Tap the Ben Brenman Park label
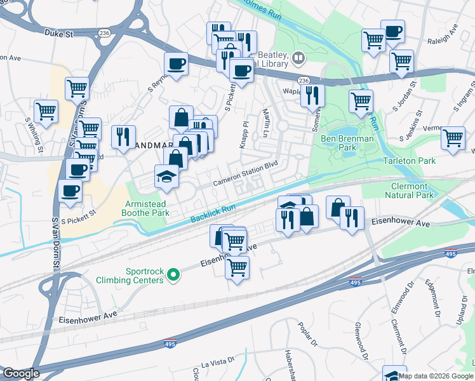click(x=347, y=142)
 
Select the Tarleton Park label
click(x=410, y=161)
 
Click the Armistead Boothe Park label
click(x=147, y=208)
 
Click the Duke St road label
click(x=59, y=32)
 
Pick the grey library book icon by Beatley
click(x=298, y=59)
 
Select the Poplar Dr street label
click(x=308, y=335)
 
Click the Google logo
click(x=20, y=373)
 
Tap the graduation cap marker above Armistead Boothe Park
click(x=166, y=176)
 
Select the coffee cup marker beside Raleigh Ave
click(x=392, y=31)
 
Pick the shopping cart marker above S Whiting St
click(x=46, y=111)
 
